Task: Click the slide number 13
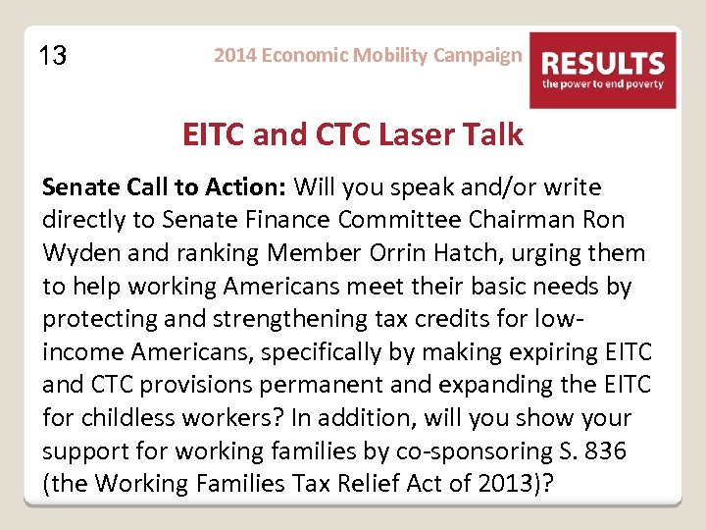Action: coord(53,57)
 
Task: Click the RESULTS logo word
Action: coord(603,64)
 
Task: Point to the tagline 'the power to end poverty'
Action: coord(603,85)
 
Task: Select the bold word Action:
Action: coord(246,186)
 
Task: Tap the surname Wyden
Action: coord(81,253)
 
